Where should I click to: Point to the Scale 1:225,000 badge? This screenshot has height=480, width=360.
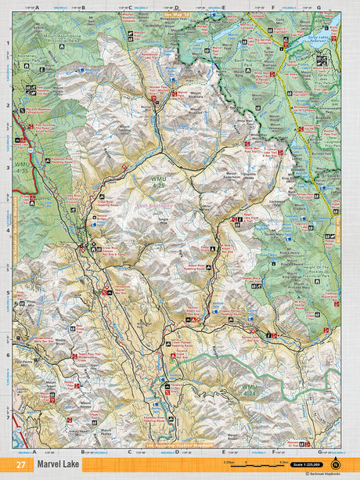click(x=305, y=465)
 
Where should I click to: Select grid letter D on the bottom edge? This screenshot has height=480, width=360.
click(x=177, y=452)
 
